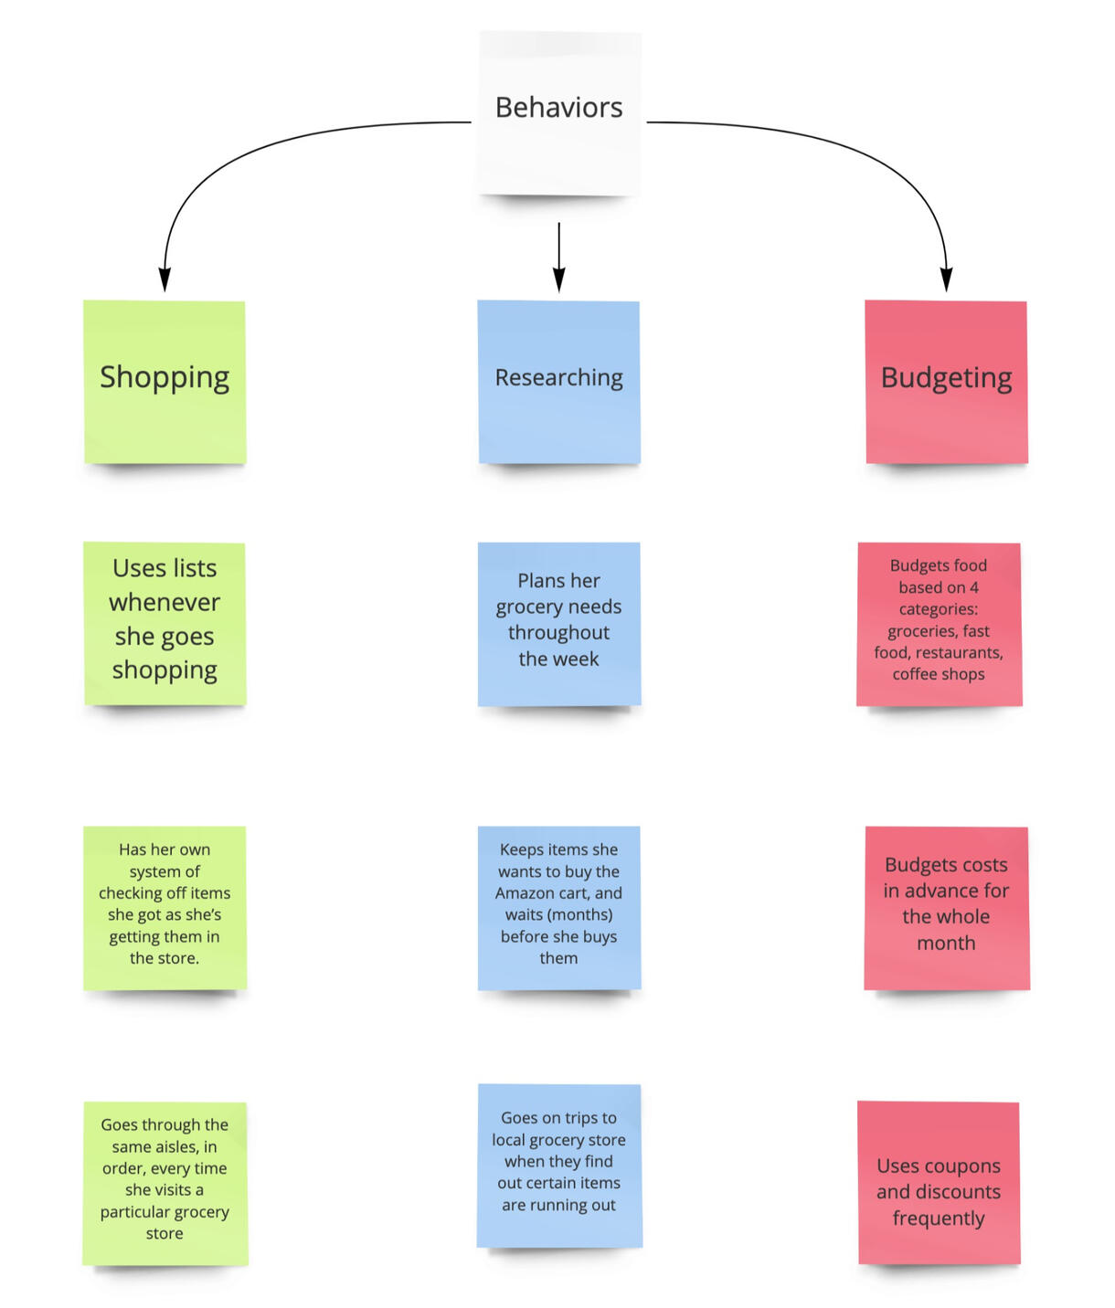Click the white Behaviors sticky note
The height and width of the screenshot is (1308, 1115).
[558, 112]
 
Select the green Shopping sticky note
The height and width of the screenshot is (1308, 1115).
[165, 382]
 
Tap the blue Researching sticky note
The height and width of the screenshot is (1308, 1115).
[558, 382]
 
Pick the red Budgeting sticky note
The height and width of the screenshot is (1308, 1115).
[946, 382]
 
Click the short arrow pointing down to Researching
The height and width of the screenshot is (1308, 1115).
[558, 256]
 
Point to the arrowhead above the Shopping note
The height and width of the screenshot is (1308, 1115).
[165, 280]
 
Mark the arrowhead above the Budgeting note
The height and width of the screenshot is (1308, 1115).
[947, 280]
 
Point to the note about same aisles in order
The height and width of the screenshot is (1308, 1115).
[165, 1182]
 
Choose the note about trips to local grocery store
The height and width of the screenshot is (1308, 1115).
[558, 1165]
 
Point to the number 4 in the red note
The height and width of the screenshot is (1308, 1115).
[974, 587]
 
